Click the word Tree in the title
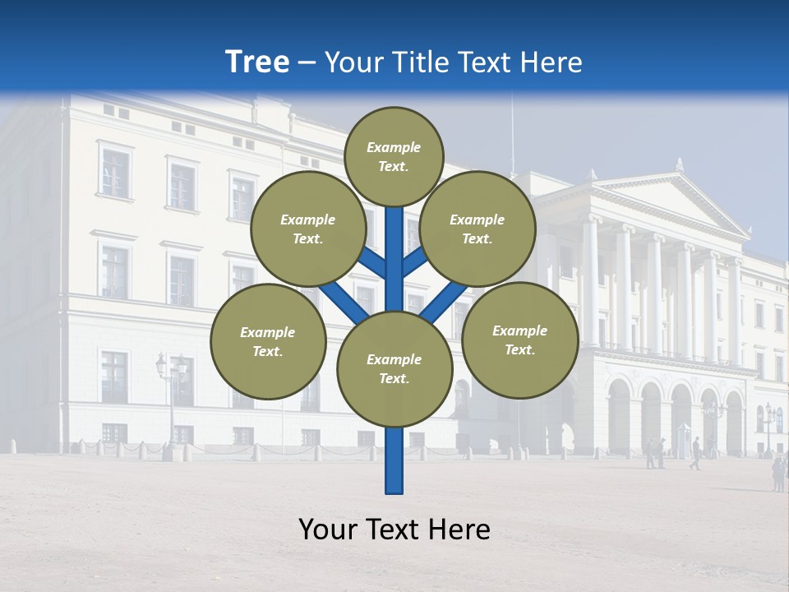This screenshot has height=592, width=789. click(256, 62)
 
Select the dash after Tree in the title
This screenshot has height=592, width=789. click(307, 62)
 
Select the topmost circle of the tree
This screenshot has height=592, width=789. click(394, 156)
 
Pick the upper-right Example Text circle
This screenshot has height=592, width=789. click(478, 229)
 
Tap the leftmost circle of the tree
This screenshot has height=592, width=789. click(268, 341)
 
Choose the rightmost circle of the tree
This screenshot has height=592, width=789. click(519, 340)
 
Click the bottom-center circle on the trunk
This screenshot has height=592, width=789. click(394, 369)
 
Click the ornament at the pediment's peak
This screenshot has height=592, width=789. click(680, 164)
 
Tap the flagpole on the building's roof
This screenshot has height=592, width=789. click(512, 132)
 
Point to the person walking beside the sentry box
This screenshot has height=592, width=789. click(696, 453)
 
